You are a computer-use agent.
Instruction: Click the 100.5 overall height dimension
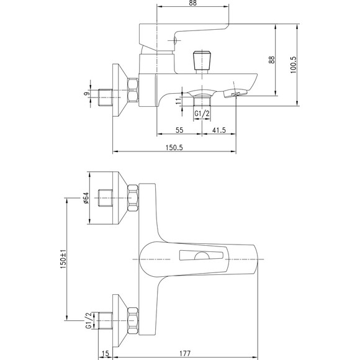pyautogui.click(x=294, y=65)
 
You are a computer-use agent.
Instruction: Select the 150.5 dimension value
pyautogui.click(x=174, y=148)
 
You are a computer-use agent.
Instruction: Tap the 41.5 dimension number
pyautogui.click(x=219, y=130)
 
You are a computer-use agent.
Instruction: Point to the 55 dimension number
pyautogui.click(x=179, y=130)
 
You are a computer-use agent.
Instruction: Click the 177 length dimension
pyautogui.click(x=185, y=353)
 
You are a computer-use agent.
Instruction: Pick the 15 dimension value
pyautogui.click(x=105, y=354)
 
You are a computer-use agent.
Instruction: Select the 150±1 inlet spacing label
pyautogui.click(x=63, y=259)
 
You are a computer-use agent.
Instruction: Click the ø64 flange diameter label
pyautogui.click(x=86, y=198)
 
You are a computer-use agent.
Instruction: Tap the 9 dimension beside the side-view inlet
pyautogui.click(x=86, y=94)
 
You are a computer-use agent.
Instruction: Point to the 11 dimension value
pyautogui.click(x=178, y=101)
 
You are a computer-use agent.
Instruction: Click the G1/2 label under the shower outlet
pyautogui.click(x=202, y=114)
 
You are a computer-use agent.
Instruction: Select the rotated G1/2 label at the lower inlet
pyautogui.click(x=89, y=320)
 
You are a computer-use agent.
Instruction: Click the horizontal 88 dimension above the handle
pyautogui.click(x=193, y=3)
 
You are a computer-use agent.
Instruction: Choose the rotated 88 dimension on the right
pyautogui.click(x=272, y=60)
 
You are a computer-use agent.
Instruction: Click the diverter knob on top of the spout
pyautogui.click(x=202, y=61)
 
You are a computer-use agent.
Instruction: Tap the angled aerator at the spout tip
pyautogui.click(x=235, y=93)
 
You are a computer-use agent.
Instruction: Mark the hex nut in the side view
pyautogui.click(x=133, y=90)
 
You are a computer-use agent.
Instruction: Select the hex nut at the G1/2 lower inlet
pyautogui.click(x=133, y=320)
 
